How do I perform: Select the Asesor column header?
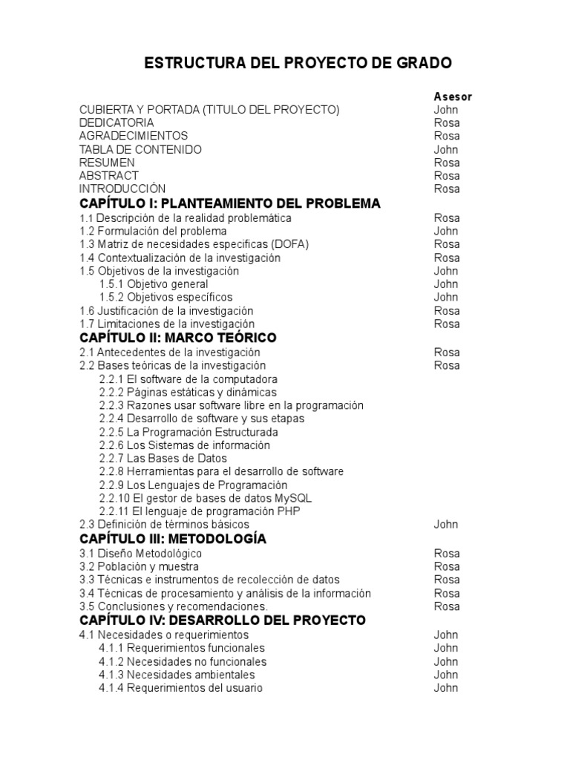click(452, 96)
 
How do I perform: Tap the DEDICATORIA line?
click(117, 122)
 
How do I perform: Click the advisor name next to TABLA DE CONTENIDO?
click(446, 149)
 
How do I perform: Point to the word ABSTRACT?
click(108, 176)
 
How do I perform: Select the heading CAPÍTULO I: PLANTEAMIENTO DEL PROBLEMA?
click(229, 203)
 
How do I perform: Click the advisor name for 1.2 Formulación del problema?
click(446, 231)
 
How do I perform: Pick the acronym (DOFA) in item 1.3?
click(290, 244)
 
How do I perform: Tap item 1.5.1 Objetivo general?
click(154, 284)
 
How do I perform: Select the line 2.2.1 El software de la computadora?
click(189, 379)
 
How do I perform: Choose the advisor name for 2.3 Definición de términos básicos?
click(446, 524)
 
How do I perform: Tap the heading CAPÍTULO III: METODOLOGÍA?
click(172, 539)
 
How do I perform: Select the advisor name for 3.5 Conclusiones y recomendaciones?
click(447, 606)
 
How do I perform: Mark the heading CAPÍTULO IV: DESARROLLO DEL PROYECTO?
click(223, 620)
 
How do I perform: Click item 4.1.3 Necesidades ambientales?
click(177, 675)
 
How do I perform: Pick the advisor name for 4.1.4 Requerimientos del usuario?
click(446, 688)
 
